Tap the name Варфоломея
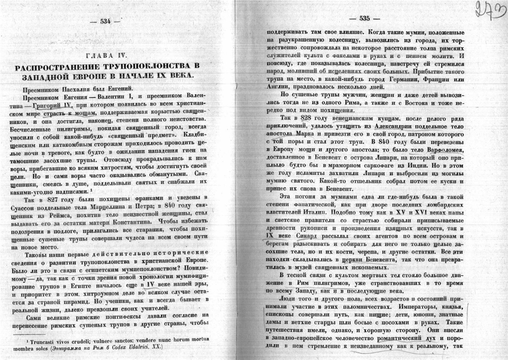pos(447,150)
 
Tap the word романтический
pos(399,338)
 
